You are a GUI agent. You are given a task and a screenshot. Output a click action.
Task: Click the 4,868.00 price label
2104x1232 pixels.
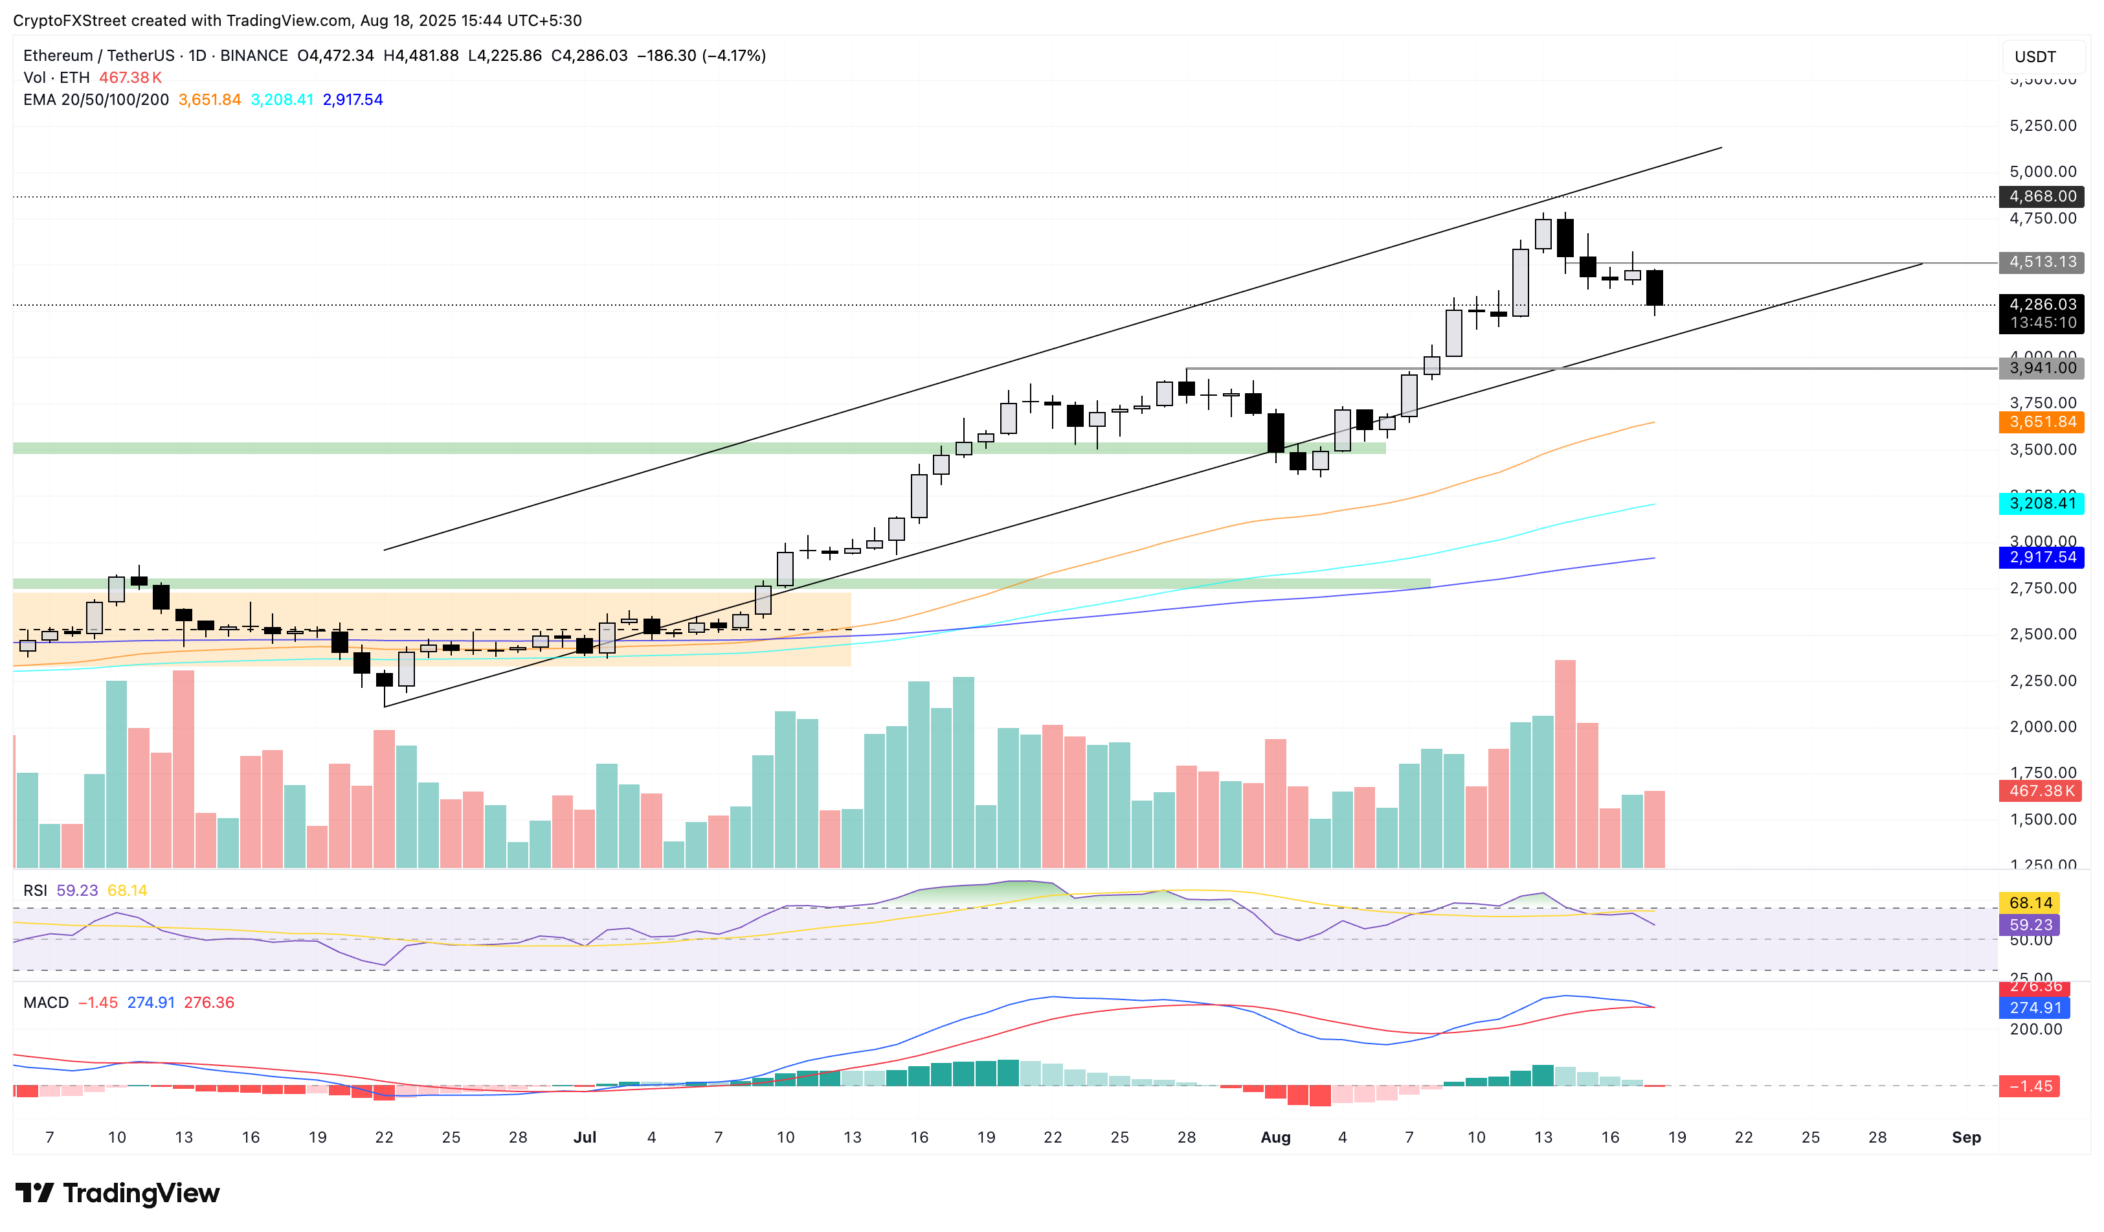pos(2041,196)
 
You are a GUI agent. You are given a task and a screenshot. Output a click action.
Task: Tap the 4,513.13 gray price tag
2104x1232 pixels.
pos(2041,262)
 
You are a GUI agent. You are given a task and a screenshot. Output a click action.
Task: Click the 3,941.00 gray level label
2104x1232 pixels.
pos(2041,369)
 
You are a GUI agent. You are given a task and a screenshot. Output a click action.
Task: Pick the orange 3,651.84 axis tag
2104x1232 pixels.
pos(2041,422)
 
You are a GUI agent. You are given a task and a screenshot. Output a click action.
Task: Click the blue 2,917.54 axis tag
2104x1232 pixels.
pos(2041,557)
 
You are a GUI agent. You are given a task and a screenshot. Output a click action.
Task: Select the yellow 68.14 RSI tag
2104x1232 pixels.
pos(2030,903)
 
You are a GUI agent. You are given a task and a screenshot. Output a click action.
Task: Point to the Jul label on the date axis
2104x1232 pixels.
pos(585,1137)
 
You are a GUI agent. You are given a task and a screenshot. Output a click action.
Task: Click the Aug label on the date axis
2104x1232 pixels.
pos(1275,1137)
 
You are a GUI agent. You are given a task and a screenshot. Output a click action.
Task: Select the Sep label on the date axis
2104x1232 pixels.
pos(1965,1137)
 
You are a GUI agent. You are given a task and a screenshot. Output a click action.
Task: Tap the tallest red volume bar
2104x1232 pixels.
pos(1565,764)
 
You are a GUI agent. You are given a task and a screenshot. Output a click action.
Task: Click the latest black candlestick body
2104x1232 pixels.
pos(1654,288)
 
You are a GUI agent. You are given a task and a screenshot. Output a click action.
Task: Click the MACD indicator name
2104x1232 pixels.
pos(46,1002)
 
